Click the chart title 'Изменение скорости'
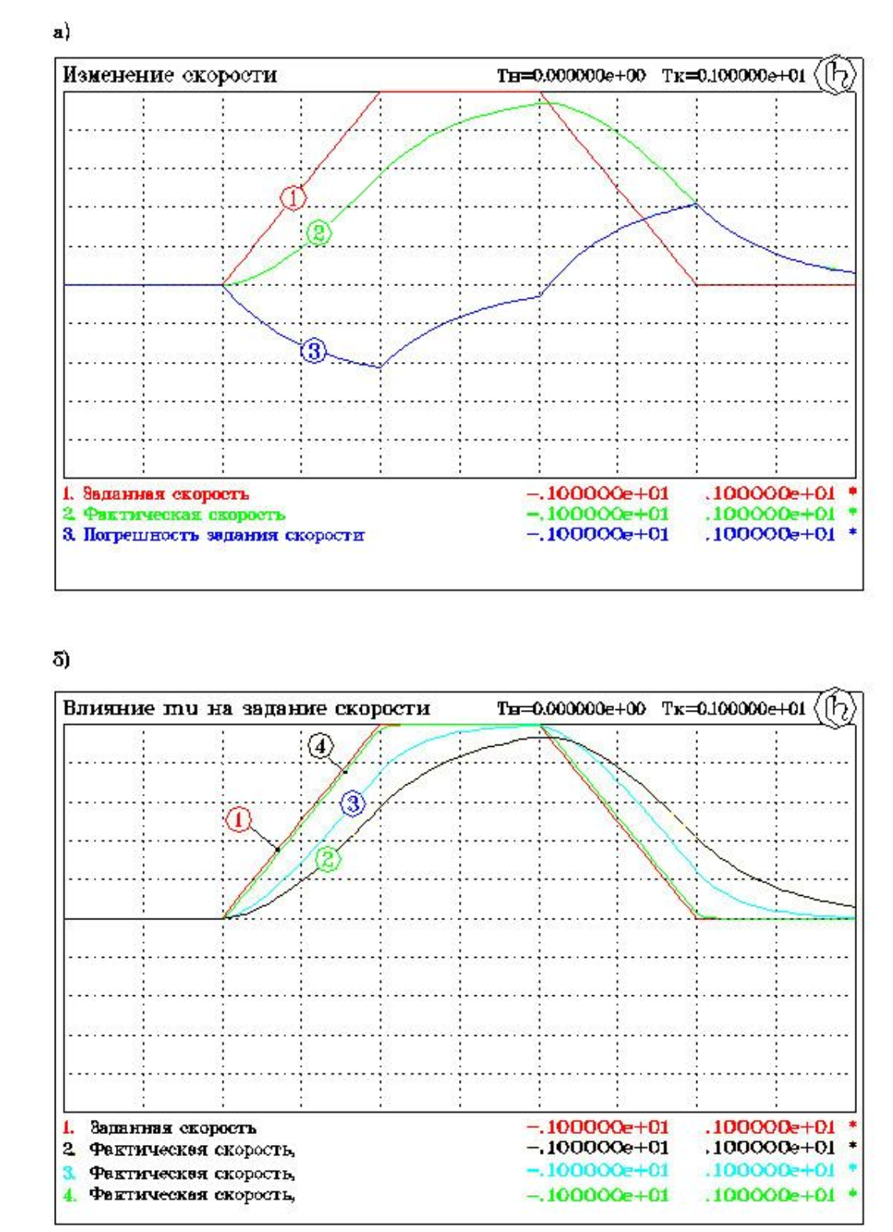tap(169, 75)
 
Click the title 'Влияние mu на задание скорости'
tap(246, 708)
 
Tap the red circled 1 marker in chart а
tap(293, 197)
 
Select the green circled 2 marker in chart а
tap(318, 233)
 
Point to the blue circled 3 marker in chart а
tap(313, 350)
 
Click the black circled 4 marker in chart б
tap(320, 747)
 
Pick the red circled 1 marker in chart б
tap(238, 820)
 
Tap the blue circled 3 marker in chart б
tap(352, 803)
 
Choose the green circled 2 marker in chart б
tap(327, 859)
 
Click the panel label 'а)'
tap(61, 32)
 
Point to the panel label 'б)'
tap(61, 660)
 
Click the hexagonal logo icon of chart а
tap(836, 75)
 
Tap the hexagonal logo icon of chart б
tap(836, 708)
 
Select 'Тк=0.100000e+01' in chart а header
tap(732, 76)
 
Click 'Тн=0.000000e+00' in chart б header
tap(571, 709)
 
